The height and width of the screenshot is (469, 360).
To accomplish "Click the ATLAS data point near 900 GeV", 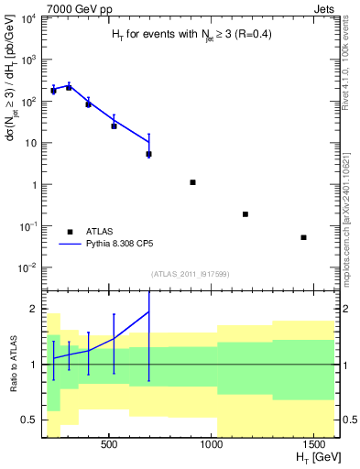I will coord(192,182).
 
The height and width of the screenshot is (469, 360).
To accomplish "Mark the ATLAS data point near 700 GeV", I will coord(148,154).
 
